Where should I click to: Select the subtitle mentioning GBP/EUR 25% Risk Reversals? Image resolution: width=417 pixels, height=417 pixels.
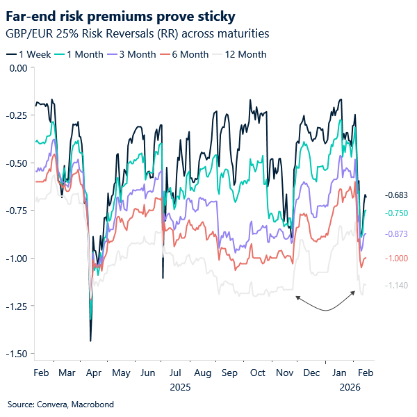point(137,33)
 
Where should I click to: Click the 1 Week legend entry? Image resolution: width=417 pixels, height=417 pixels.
point(32,54)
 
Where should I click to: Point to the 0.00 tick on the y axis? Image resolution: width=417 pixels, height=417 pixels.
point(16,67)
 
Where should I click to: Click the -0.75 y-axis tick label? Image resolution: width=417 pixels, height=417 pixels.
point(15,211)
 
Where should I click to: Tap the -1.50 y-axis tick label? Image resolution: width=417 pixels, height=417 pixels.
point(15,354)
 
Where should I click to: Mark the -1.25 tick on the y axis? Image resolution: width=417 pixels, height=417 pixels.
point(15,306)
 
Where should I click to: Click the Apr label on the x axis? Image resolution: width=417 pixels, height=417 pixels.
point(94,373)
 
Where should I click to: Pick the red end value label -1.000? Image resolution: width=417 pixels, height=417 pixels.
point(396,259)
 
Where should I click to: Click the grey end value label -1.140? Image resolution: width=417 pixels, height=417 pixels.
point(396,285)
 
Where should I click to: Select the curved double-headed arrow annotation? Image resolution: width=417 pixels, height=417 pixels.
point(327,304)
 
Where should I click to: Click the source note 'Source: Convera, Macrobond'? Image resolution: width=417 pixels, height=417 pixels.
point(60,404)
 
